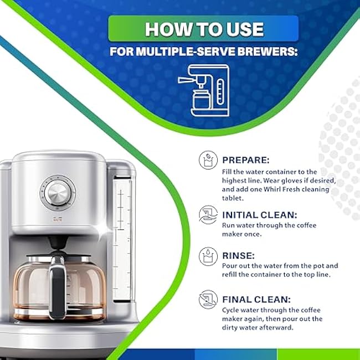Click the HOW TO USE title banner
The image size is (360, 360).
203,28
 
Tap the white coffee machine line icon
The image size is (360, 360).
204,90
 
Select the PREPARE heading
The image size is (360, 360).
246,160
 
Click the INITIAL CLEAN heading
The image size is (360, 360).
259,215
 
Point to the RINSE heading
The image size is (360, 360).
238,255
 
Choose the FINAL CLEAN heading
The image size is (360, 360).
256,300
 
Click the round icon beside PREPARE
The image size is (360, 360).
208,160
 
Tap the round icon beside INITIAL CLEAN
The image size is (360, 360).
208,215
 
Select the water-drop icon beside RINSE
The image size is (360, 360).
208,256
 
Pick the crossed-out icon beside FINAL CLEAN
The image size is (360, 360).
208,300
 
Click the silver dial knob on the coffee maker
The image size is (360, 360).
58,193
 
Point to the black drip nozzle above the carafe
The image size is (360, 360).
58,243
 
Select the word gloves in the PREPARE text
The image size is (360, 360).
292,181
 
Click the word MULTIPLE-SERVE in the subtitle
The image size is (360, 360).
186,52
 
